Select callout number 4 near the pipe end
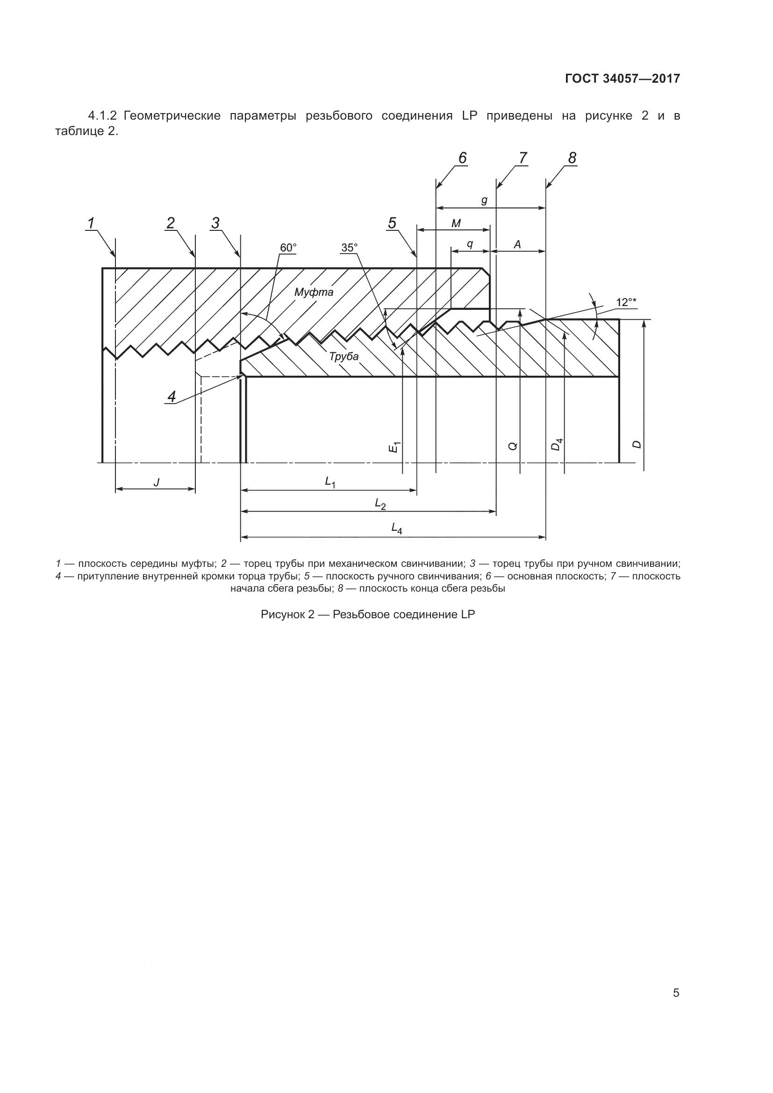[172, 396]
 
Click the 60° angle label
[288, 248]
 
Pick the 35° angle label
[349, 248]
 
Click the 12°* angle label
[626, 302]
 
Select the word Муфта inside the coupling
[314, 292]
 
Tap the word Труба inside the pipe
[344, 356]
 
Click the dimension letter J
[156, 482]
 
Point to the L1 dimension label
[330, 482]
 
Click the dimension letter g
[484, 200]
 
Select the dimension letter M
[456, 223]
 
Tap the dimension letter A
[517, 245]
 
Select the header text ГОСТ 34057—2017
[623, 79]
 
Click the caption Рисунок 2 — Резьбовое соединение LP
[368, 614]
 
